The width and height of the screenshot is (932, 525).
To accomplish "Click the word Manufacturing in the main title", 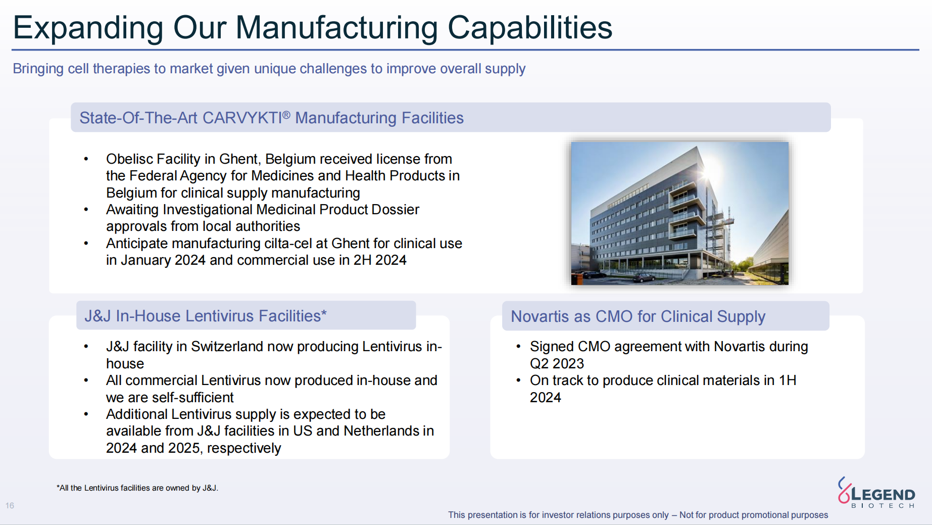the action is [x=336, y=28].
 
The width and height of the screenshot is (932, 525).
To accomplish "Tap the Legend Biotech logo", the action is [x=876, y=493].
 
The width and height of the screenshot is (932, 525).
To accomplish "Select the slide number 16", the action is [x=10, y=505].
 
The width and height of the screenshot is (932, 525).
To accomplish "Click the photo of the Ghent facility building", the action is [x=679, y=213].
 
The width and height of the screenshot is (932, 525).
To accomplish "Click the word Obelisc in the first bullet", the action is [x=128, y=159].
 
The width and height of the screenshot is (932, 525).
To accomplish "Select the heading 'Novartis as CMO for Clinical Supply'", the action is [x=638, y=316].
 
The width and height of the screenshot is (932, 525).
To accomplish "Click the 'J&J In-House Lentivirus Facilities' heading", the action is [x=206, y=316].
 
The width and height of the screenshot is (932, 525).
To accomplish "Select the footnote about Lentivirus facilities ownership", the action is [x=137, y=488].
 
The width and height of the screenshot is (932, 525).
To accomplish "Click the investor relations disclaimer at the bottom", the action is [x=638, y=515].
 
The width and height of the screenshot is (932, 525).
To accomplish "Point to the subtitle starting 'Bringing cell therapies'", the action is [x=269, y=69].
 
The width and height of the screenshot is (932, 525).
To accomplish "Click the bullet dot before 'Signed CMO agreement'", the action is [x=518, y=347].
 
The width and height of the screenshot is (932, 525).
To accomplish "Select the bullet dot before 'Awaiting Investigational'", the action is [x=86, y=210].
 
